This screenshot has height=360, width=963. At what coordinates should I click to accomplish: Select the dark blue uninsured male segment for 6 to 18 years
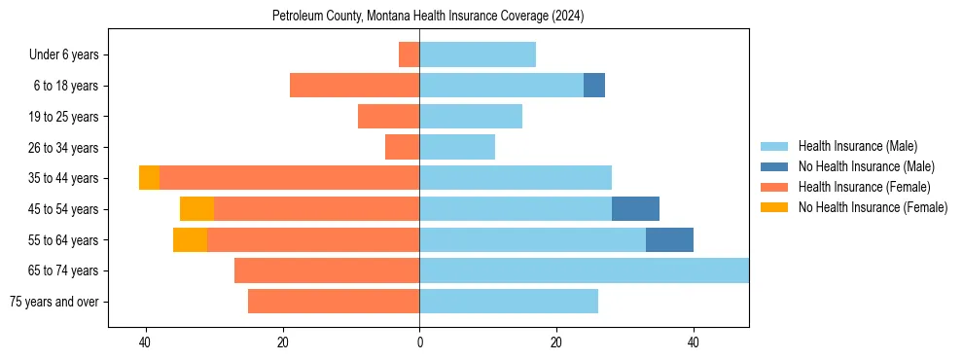tap(594, 86)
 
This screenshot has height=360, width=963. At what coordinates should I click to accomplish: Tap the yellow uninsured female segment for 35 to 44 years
tap(149, 178)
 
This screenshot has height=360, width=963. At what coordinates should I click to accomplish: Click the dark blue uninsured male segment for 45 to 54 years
tap(635, 209)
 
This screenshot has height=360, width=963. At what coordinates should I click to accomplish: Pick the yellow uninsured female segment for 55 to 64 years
tap(190, 239)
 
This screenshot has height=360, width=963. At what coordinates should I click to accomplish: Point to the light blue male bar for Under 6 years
tap(478, 54)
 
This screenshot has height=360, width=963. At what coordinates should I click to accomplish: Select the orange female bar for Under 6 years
tap(410, 54)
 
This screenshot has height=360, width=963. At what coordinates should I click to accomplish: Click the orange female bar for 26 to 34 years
tap(403, 147)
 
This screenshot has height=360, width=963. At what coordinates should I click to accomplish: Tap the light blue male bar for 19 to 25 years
tap(471, 117)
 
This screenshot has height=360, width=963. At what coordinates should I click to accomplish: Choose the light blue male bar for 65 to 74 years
tap(584, 270)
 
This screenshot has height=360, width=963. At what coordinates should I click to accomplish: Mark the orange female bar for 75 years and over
tap(334, 302)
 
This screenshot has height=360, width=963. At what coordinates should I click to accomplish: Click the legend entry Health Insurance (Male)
tap(857, 146)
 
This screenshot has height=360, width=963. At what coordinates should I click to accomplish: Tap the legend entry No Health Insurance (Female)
tap(873, 207)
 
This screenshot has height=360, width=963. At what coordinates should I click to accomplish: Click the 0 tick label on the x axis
tap(419, 342)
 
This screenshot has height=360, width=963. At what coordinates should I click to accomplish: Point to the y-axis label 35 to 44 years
tap(64, 178)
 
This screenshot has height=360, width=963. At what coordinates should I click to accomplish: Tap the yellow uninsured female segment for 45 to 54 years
tap(196, 209)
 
